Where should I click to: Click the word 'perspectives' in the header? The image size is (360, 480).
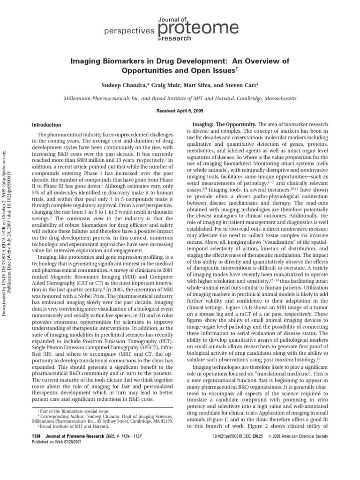pyautogui.click(x=123, y=30)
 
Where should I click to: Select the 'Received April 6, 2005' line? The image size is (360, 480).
pyautogui.click(x=180, y=112)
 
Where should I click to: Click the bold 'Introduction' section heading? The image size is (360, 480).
pyautogui.click(x=45, y=125)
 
